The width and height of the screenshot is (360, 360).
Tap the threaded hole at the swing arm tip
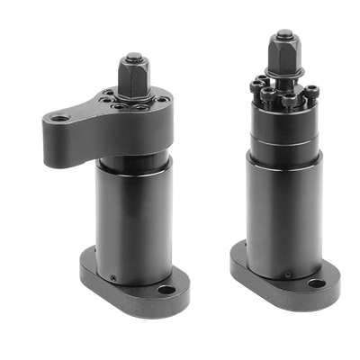tap(59, 118)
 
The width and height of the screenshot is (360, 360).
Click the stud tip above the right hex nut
tap(284, 36)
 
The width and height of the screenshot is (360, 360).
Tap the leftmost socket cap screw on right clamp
tap(256, 88)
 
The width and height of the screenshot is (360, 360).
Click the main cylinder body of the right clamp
tap(283, 216)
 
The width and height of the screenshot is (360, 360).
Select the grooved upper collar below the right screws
tap(283, 126)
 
